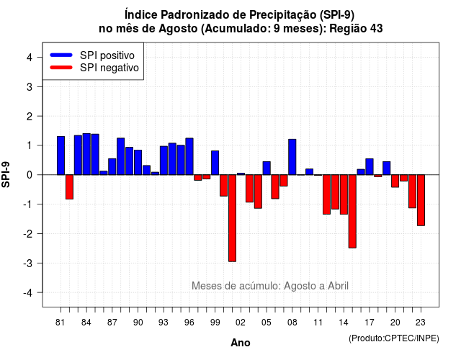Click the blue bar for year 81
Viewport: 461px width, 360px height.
(x=61, y=156)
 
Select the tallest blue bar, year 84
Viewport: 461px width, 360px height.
(x=86, y=154)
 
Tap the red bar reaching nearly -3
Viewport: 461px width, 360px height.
(x=232, y=218)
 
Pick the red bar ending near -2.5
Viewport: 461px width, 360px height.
(x=352, y=211)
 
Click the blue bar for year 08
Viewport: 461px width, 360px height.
(x=292, y=157)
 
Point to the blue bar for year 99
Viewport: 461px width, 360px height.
(x=215, y=163)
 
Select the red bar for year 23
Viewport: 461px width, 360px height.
(x=421, y=200)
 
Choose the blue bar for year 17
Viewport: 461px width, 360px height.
(x=370, y=166)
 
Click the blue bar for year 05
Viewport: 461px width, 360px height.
(x=267, y=168)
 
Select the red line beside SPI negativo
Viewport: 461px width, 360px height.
(x=61, y=68)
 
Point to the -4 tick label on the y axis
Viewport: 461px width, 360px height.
(x=29, y=293)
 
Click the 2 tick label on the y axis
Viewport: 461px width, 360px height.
(x=30, y=117)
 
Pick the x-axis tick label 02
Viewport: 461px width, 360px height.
(x=241, y=323)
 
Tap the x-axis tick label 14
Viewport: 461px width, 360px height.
(x=344, y=323)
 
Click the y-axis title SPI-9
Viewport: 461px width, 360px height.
(x=6, y=174)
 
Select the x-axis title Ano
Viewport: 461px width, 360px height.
(x=241, y=343)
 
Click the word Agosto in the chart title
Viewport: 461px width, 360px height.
(x=178, y=29)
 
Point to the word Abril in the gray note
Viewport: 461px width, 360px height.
(x=338, y=286)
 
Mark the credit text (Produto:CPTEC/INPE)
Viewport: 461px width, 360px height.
(x=394, y=338)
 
